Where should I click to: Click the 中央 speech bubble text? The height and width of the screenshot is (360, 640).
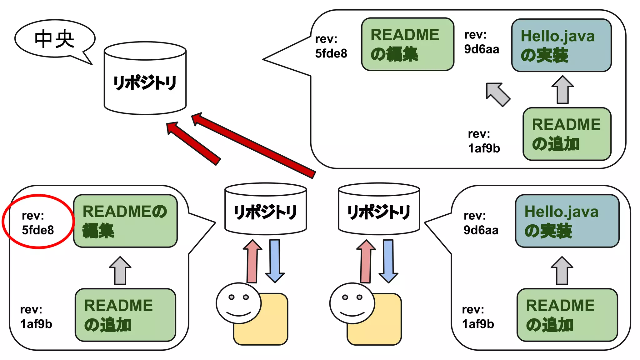[x=54, y=39]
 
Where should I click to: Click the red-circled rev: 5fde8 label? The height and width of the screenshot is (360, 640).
[x=37, y=222]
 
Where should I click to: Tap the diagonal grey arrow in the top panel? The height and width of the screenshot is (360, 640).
[x=498, y=94]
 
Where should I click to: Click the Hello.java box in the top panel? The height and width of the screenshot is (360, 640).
[x=561, y=45]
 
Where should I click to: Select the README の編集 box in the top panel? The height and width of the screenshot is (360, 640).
[x=407, y=44]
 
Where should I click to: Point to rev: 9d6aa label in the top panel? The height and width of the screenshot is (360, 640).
[x=481, y=42]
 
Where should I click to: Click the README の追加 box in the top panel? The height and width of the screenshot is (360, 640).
[x=567, y=134]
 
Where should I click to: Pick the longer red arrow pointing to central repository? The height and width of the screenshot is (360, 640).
[x=253, y=145]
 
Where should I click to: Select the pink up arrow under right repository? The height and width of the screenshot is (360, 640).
[x=366, y=261]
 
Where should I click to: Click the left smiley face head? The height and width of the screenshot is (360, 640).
[x=238, y=303]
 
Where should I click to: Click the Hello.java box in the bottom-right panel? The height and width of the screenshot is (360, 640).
[x=567, y=221]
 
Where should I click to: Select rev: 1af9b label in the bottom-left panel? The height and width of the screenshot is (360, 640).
[x=36, y=317]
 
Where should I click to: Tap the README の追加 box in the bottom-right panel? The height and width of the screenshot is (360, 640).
[x=567, y=315]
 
